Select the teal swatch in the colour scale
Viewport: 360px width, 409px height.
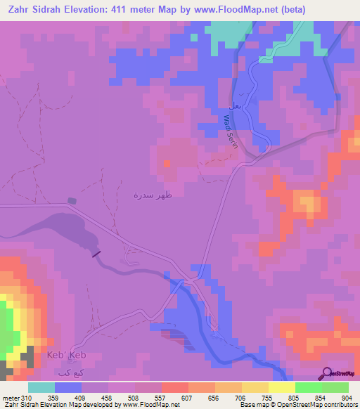click(41, 387)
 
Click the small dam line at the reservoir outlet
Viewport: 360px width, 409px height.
click(96, 254)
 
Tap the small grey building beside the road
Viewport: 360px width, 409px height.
click(72, 200)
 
